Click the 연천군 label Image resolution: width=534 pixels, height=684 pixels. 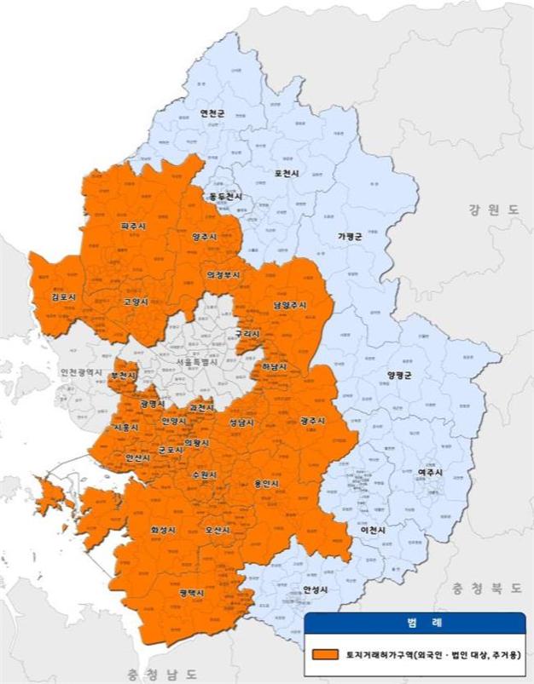[x=212, y=112]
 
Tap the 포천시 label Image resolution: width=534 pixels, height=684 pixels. [x=286, y=173]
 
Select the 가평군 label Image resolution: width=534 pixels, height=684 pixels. [x=350, y=236]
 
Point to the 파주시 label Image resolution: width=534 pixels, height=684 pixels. [x=135, y=227]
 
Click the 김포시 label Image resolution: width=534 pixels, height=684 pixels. [x=63, y=297]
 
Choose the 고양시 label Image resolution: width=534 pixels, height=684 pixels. [x=136, y=302]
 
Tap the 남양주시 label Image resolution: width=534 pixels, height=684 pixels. [x=290, y=304]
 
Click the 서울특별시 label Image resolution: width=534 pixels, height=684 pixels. [x=196, y=362]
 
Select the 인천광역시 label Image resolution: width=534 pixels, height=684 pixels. [x=81, y=373]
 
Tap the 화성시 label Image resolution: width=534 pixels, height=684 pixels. [x=162, y=530]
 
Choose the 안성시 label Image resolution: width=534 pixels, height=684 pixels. [x=315, y=589]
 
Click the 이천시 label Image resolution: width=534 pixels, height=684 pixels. [x=373, y=530]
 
